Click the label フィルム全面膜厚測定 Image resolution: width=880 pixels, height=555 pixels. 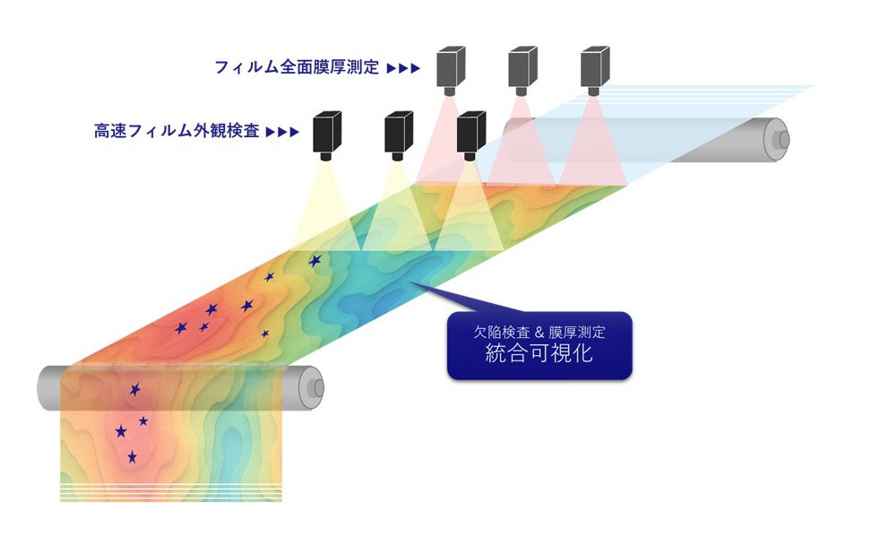point(297,66)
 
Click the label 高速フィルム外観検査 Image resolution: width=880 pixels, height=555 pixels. point(177,131)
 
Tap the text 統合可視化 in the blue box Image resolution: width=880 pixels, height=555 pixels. point(539,352)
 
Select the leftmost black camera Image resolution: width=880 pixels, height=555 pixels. point(328,132)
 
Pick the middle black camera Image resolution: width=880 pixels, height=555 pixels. point(399,132)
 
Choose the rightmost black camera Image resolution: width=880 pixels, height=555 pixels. point(470,132)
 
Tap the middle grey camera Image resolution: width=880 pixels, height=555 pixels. point(522,66)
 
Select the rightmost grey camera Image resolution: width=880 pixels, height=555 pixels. point(594,66)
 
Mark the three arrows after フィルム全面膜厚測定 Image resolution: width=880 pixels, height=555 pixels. point(403,67)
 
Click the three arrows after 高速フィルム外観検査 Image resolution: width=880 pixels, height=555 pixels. point(283,132)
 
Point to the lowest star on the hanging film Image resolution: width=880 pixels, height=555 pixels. point(132,457)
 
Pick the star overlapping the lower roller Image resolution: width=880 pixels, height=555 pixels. point(135,389)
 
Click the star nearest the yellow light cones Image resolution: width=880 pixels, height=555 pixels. point(315,261)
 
